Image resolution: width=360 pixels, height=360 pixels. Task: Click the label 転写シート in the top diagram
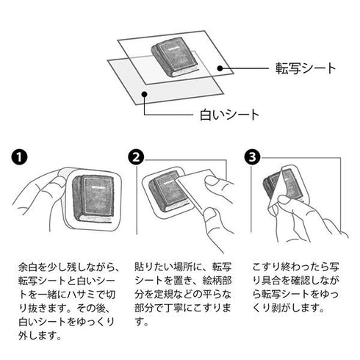click(306, 68)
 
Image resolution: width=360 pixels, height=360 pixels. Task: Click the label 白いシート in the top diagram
click(229, 115)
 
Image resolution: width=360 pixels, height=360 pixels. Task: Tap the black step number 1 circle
click(19, 157)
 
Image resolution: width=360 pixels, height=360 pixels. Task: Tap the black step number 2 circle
click(136, 157)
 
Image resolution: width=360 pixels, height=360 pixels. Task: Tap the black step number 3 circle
click(253, 157)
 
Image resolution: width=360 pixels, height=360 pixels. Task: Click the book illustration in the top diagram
click(173, 57)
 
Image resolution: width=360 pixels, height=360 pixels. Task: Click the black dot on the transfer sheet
click(220, 68)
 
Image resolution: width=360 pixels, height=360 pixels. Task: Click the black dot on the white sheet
click(145, 94)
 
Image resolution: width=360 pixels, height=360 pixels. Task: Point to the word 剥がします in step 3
click(297, 308)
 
